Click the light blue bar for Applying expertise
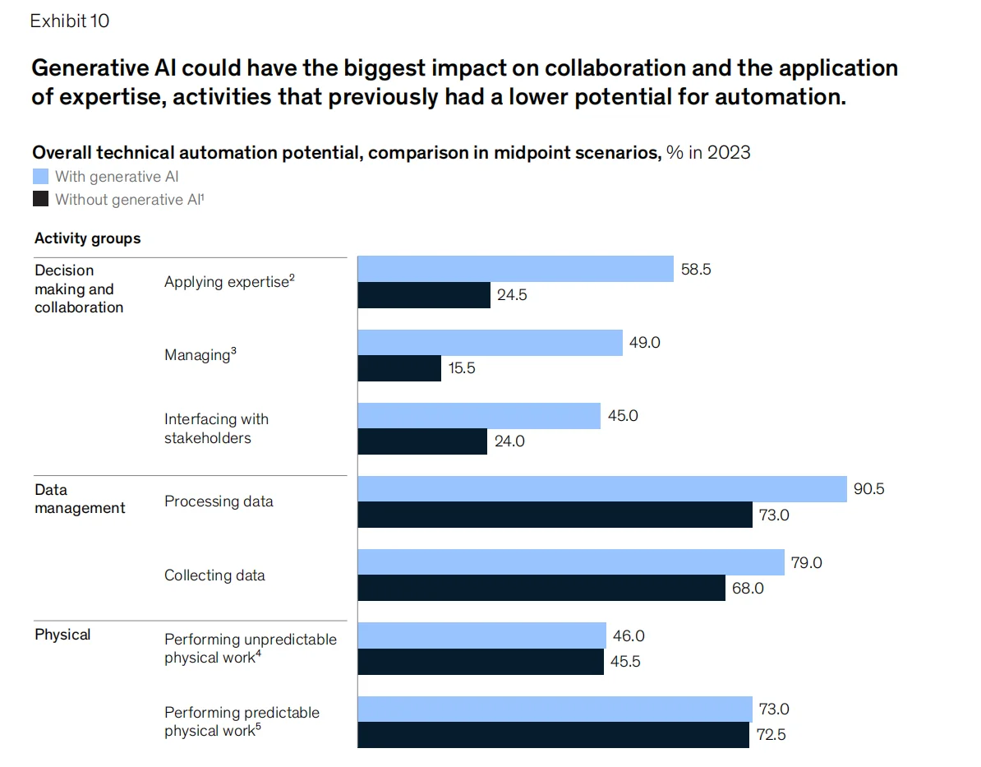515,269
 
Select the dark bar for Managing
399,368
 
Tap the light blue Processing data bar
602,489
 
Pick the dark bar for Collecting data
541,588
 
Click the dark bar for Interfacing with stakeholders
422,441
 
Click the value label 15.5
461,368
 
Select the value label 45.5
626,662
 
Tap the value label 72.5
771,735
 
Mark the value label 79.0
807,563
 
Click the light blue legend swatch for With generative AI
40,176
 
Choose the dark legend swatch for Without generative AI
40,199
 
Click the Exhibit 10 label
70,21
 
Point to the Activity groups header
87,238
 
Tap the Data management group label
80,499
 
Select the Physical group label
62,635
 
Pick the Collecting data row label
214,575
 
